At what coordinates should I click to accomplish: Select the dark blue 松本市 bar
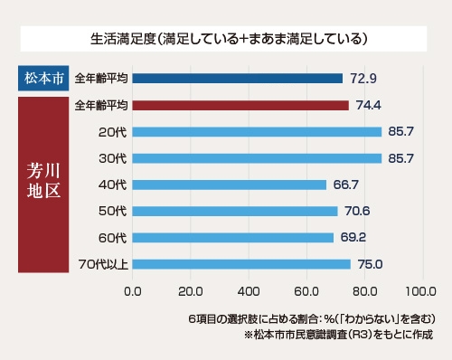click(238, 79)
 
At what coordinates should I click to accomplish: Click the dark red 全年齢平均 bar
click(240, 105)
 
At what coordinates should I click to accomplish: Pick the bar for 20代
click(257, 132)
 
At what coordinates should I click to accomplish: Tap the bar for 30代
click(257, 158)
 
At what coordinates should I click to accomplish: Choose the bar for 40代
click(230, 185)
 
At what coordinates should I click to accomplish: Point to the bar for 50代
click(235, 212)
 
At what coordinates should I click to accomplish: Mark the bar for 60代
click(233, 238)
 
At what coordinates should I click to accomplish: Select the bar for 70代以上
click(241, 264)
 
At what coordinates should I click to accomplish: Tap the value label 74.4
click(371, 105)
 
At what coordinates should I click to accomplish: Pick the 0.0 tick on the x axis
click(133, 292)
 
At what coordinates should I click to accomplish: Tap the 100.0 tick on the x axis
click(420, 292)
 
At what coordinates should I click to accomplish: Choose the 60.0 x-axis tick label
click(306, 292)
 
